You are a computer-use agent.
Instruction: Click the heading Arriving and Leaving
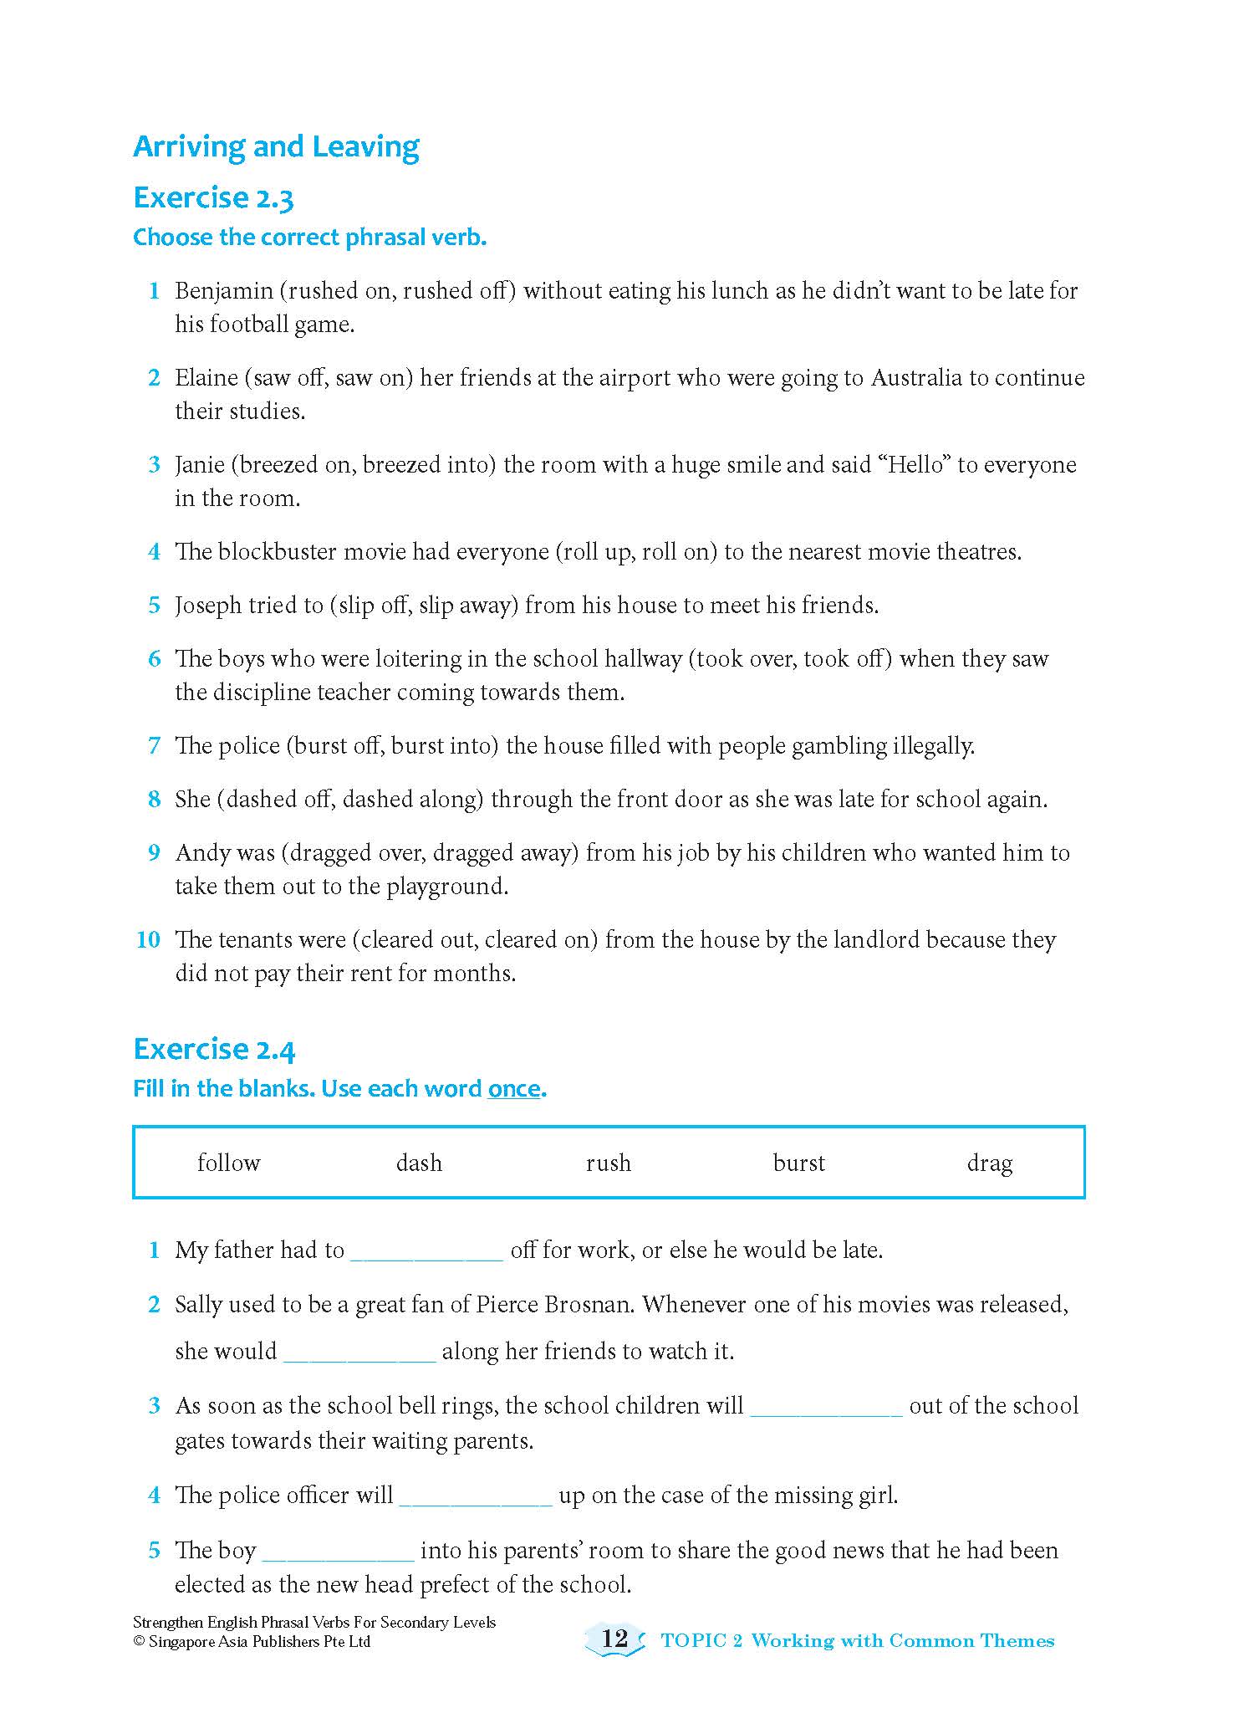coord(276,146)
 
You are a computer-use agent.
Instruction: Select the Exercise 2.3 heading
coord(213,198)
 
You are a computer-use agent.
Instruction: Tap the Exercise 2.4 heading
coord(214,1049)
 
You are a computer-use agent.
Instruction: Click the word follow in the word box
coord(228,1163)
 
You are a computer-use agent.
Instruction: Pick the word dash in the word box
coord(419,1163)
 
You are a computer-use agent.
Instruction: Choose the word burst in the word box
coord(798,1163)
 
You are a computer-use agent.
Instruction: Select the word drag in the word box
coord(989,1163)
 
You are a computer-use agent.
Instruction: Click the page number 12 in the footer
coord(614,1638)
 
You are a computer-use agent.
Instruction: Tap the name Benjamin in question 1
coord(223,291)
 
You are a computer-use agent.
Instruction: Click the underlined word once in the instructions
coord(514,1089)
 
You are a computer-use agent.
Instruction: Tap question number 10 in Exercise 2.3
coord(148,940)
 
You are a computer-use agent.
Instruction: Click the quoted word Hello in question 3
coord(914,465)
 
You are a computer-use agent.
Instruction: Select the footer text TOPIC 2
coord(701,1641)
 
